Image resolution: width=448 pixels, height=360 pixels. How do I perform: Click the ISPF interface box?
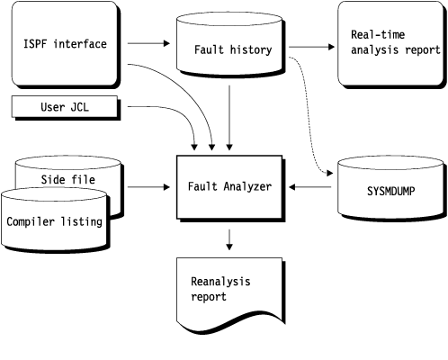64,43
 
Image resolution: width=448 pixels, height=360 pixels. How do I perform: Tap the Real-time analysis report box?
390,43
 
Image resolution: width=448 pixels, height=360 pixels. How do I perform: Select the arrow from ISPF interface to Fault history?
149,43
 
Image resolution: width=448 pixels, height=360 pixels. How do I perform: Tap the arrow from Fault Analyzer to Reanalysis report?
231,238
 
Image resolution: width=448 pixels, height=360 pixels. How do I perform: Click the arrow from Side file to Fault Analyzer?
148,187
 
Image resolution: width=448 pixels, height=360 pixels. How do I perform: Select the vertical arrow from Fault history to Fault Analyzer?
231,117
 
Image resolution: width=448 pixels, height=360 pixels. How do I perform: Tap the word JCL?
80,108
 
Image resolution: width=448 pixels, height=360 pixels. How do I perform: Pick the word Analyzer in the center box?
246,187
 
